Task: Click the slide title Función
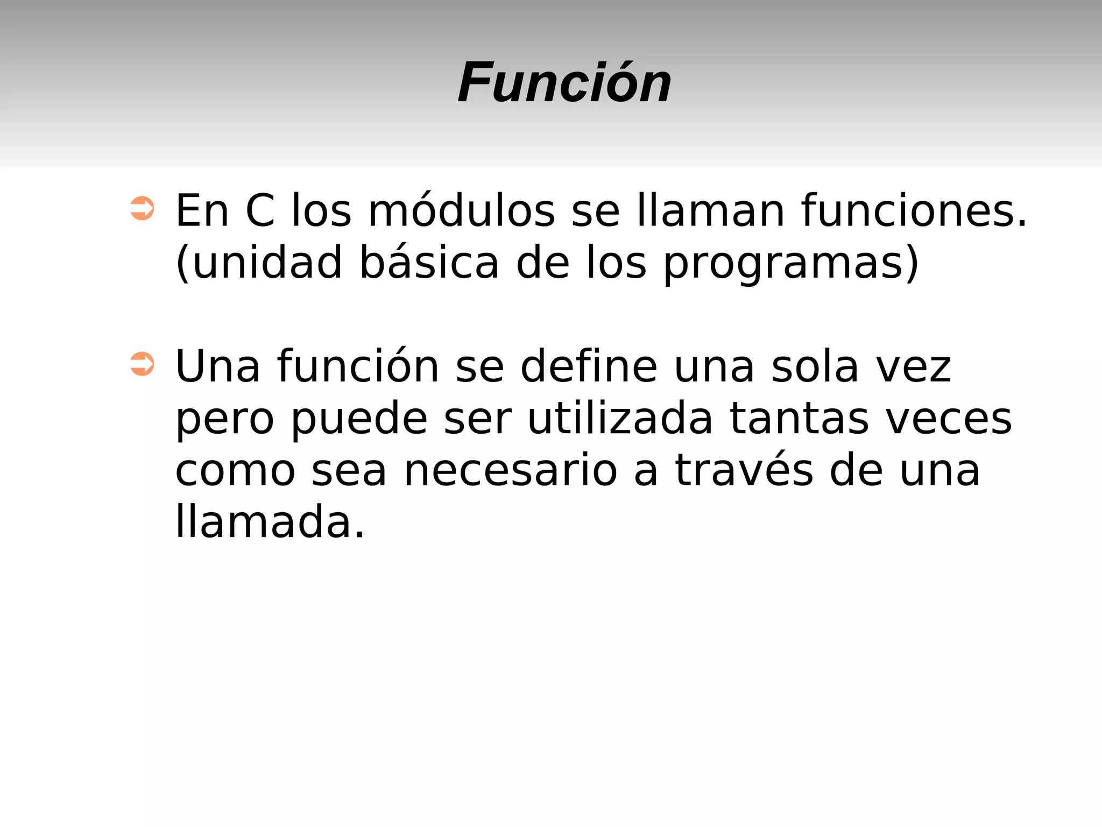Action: tap(564, 83)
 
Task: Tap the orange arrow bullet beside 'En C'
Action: tap(142, 208)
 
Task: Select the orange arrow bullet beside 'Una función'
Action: tap(142, 364)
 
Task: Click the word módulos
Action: tap(461, 211)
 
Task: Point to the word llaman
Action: tap(710, 211)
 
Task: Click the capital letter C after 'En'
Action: tap(260, 211)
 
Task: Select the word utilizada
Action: tap(620, 419)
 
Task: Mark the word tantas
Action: tap(799, 419)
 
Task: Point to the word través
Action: tap(744, 470)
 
